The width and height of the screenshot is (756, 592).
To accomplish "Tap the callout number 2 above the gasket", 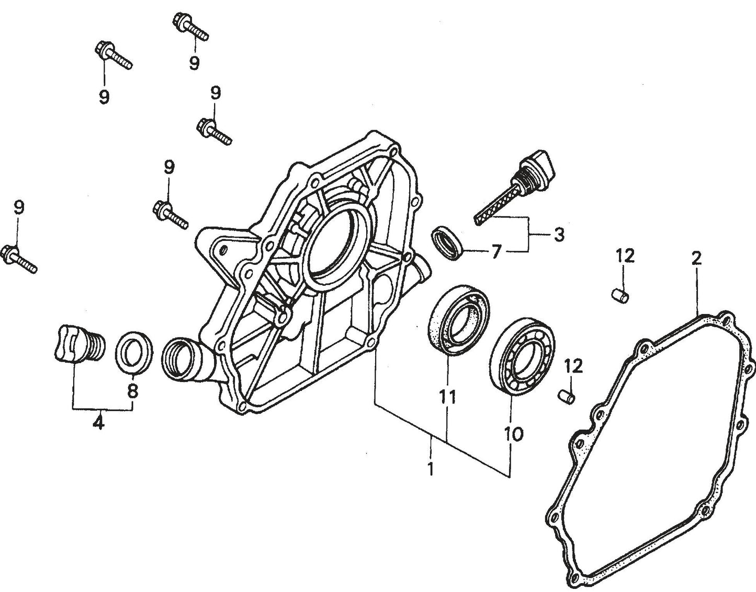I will click(x=696, y=259).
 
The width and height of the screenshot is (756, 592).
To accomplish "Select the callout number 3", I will click(x=559, y=235).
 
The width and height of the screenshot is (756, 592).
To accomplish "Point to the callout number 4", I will click(x=98, y=421).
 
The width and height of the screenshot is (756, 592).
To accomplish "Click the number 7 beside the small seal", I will click(x=495, y=252).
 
